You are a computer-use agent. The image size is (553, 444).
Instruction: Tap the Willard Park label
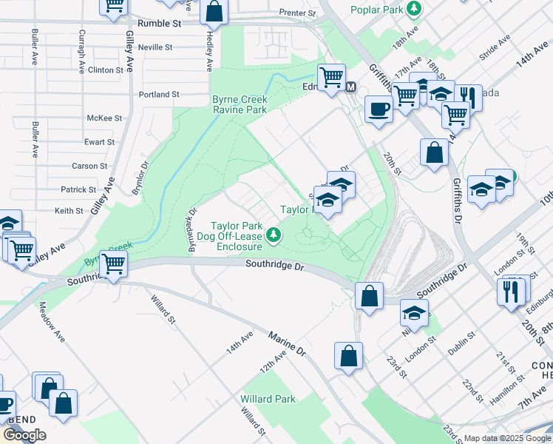[268, 399]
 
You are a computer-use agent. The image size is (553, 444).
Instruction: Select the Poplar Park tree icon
[416, 9]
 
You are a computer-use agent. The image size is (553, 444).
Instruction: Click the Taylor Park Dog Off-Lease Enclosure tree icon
[274, 235]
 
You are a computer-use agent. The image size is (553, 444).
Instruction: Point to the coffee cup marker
[379, 110]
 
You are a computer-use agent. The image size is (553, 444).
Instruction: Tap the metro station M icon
[351, 87]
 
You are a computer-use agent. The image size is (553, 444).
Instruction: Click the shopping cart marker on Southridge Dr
[113, 263]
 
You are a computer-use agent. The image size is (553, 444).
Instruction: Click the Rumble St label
[166, 24]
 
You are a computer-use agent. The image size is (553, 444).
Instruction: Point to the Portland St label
[159, 95]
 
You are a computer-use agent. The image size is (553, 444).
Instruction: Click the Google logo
[24, 435]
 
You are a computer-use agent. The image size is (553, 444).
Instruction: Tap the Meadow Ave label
[52, 325]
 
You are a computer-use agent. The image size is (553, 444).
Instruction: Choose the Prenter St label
[298, 13]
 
